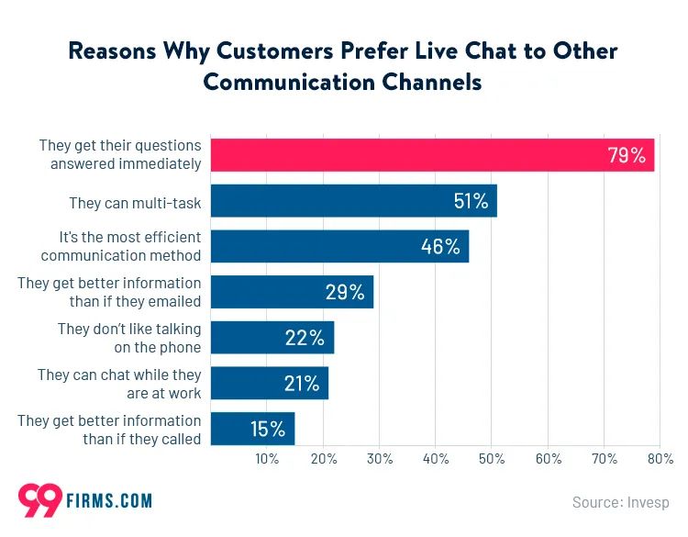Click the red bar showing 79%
tap(431, 155)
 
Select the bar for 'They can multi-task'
tap(353, 201)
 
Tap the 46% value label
tap(440, 247)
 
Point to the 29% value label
tap(345, 292)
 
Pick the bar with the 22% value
tap(272, 338)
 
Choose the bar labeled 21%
tap(269, 383)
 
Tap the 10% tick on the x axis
tap(267, 458)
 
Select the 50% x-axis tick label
tap(492, 458)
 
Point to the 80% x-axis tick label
tap(660, 458)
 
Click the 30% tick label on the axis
tap(380, 458)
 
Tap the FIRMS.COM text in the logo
tap(109, 501)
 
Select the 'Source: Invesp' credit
tap(620, 502)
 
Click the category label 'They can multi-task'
tap(135, 202)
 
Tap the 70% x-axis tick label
tap(604, 458)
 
